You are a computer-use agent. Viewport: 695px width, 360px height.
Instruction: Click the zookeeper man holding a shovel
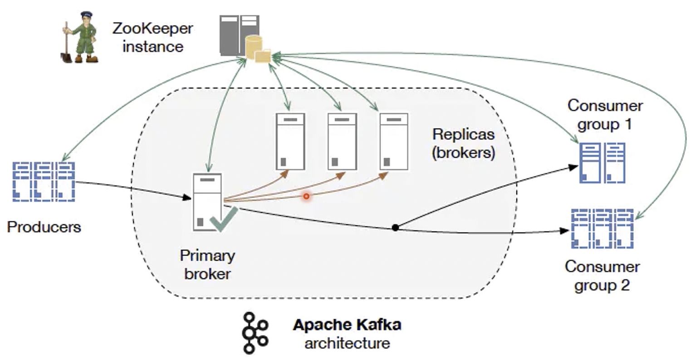pos(80,37)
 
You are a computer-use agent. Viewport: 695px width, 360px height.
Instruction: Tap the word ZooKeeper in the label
pos(152,29)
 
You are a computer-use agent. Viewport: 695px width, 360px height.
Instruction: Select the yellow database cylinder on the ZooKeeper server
pos(254,47)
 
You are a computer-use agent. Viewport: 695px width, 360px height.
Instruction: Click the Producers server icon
pos(44,181)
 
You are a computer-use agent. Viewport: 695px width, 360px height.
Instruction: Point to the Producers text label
pos(44,227)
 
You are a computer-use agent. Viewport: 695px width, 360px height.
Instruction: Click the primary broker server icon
pos(207,202)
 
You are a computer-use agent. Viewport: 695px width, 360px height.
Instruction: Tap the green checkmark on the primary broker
pos(223,219)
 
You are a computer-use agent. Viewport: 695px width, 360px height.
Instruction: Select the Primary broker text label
pos(207,264)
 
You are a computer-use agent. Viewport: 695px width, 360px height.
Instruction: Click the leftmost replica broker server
pos(290,141)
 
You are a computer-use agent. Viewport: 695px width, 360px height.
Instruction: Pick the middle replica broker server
pos(342,141)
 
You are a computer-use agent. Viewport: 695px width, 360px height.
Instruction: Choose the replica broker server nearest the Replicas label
pos(394,141)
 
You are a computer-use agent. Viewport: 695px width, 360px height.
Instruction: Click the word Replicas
pos(463,134)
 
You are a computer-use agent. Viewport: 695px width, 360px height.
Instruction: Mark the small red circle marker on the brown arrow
pos(307,196)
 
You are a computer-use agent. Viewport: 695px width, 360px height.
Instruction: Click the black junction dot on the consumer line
pos(395,228)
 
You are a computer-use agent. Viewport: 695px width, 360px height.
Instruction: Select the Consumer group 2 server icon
pos(602,229)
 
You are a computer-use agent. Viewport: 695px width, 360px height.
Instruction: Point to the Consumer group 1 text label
pos(605,115)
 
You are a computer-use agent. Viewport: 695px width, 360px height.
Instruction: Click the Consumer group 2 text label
pos(602,276)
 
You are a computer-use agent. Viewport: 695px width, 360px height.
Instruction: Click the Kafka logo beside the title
pos(255,333)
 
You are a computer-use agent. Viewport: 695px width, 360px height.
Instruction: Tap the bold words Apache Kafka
pos(347,325)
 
